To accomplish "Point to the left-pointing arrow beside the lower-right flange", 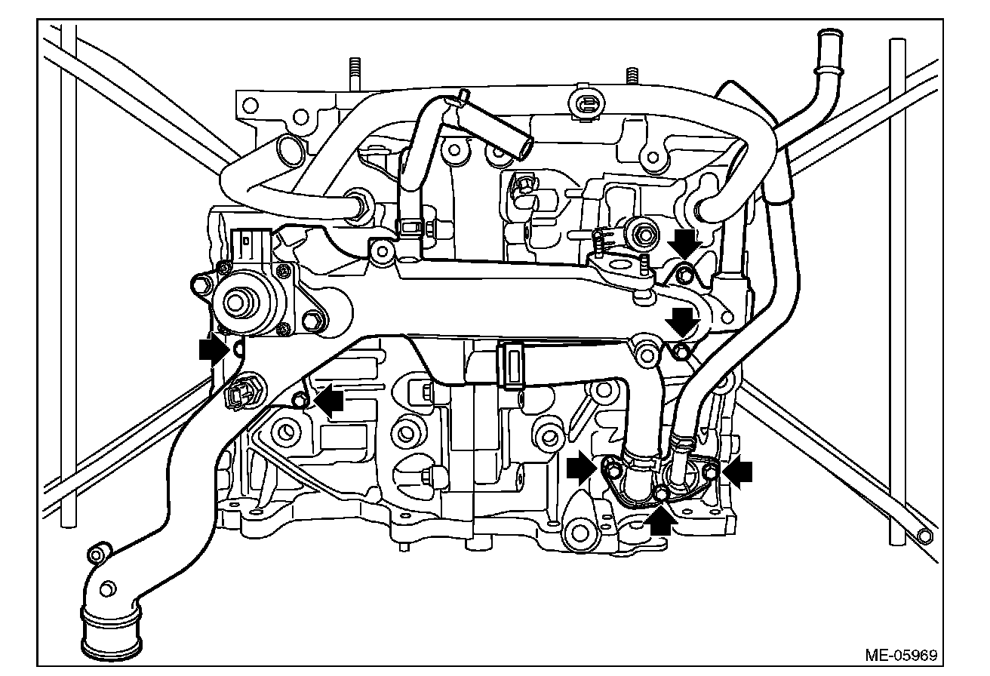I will [738, 471].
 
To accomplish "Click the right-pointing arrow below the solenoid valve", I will [214, 350].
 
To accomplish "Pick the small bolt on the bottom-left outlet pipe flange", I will [96, 555].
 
